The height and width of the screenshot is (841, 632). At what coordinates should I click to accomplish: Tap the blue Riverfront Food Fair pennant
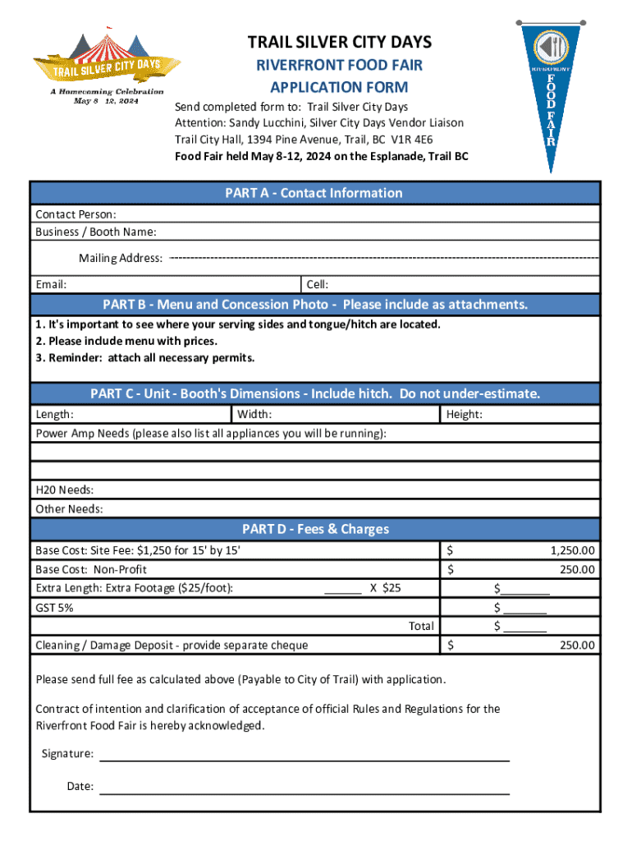pos(552,90)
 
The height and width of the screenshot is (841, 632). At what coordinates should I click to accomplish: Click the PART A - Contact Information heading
pos(314,193)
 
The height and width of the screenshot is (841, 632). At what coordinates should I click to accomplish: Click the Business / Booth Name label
pos(96,232)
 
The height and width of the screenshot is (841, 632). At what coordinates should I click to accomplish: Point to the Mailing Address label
pos(120,258)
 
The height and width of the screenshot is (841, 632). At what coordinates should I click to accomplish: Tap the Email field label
pos(51,284)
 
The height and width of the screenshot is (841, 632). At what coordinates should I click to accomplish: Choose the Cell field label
pos(318,284)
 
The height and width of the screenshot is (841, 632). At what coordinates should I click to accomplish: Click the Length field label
pos(54,414)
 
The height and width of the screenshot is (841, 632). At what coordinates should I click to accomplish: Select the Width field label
pos(254,414)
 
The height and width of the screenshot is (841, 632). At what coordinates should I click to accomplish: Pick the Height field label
pos(464,414)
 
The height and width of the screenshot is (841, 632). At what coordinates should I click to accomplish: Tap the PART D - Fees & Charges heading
pos(314,529)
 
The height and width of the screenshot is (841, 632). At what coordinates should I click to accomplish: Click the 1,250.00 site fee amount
pos(573,550)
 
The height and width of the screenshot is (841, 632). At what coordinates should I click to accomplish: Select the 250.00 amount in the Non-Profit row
pos(578,569)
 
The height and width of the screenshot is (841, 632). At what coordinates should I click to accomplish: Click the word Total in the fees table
pos(421,626)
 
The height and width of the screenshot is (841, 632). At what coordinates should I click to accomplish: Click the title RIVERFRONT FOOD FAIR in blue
pos(339,65)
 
